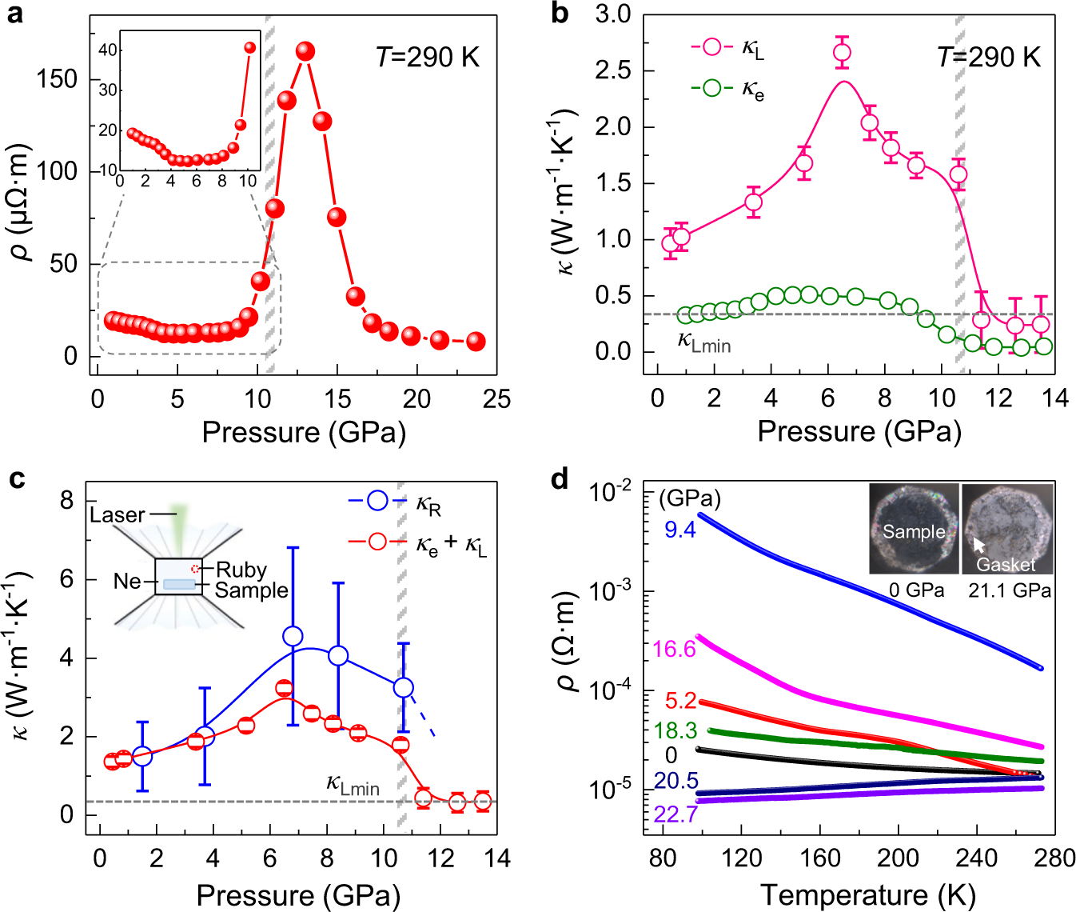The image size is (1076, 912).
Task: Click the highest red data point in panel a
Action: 305,52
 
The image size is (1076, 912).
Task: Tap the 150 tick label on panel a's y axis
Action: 57,79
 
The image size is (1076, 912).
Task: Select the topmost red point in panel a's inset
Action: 250,48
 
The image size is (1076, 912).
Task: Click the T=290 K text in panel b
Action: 988,58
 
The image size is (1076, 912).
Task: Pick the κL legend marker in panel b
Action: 711,47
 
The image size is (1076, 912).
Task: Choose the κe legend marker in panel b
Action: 711,89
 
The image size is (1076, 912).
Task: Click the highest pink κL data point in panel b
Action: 842,53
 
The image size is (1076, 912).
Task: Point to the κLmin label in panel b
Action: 704,342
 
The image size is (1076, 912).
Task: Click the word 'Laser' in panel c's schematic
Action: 118,515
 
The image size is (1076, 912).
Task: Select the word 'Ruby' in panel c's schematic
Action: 241,570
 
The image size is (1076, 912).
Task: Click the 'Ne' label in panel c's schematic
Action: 127,581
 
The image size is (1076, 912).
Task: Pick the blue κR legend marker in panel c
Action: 377,502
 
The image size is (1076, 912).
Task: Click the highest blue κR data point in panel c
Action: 293,636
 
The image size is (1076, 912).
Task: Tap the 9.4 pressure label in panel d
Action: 680,530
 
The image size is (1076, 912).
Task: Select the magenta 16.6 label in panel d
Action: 674,649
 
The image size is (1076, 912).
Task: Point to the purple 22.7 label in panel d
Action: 675,814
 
